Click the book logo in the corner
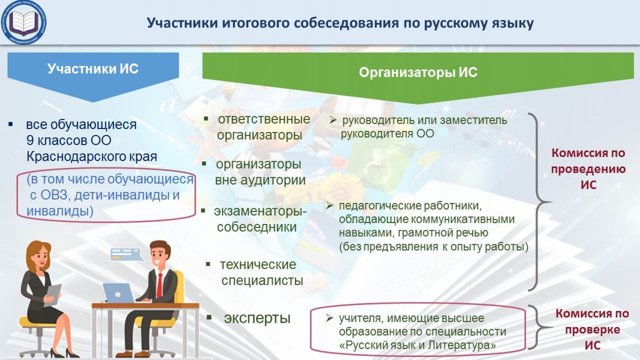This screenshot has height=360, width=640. [x=23, y=22]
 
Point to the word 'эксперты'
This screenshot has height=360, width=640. [x=257, y=318]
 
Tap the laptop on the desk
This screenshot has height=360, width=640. [x=118, y=293]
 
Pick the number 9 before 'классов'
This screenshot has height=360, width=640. [x=30, y=140]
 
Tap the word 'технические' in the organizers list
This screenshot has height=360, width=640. [x=258, y=265]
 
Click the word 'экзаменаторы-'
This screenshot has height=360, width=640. [x=260, y=211]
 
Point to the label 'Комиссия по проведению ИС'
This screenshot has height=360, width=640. [x=589, y=169]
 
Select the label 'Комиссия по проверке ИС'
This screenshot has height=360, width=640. [x=592, y=329]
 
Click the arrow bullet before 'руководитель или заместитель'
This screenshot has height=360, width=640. [x=333, y=120]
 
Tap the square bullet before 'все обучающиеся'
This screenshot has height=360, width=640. [x=11, y=124]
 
